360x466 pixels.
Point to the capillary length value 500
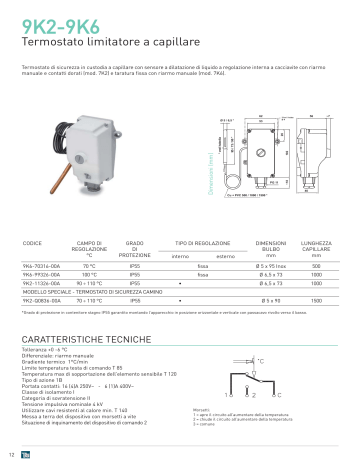tap(316, 266)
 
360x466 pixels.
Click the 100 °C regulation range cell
tap(89, 275)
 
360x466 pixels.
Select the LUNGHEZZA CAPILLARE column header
tap(316, 246)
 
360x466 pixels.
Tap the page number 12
tap(10, 456)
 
